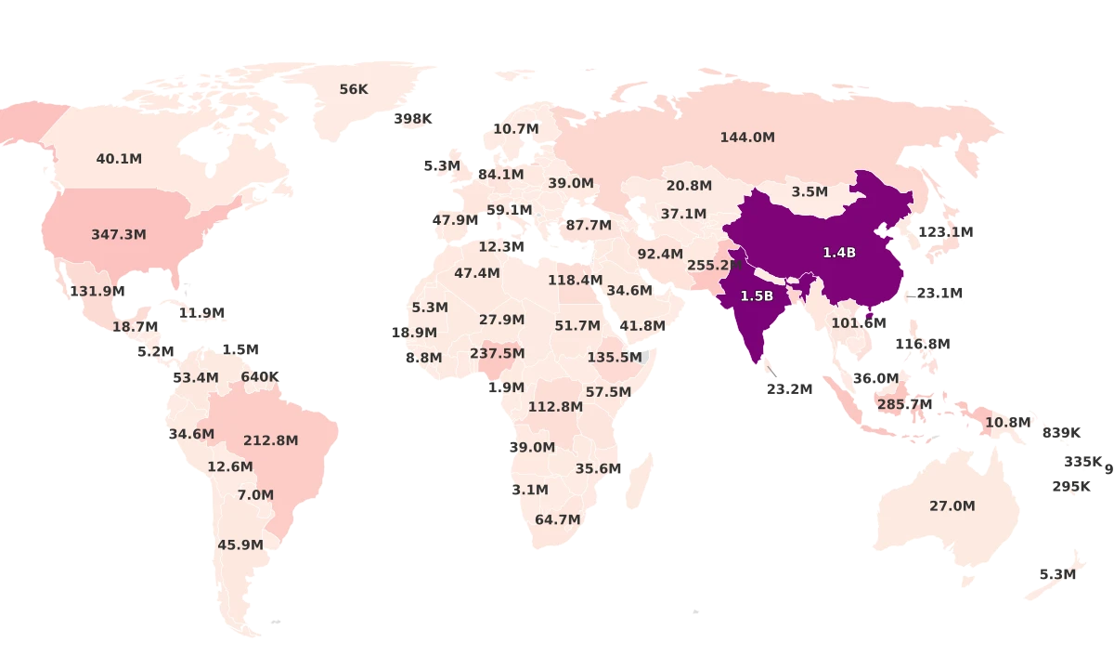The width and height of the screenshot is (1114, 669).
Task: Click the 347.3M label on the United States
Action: tap(118, 235)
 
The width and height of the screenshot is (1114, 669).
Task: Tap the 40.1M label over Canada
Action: tap(119, 159)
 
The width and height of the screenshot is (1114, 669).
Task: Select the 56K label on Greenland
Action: tap(354, 89)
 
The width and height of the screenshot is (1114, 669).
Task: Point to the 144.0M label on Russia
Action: tap(747, 138)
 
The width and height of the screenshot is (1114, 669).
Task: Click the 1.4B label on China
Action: tap(839, 253)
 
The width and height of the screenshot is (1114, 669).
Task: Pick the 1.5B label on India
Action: tap(757, 296)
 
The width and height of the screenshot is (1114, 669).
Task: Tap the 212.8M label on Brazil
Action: tap(270, 440)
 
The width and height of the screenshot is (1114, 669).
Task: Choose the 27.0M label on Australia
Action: tap(952, 506)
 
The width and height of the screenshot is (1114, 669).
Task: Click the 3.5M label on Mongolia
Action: tap(810, 191)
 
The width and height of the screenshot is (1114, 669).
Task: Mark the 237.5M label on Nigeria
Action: tap(497, 354)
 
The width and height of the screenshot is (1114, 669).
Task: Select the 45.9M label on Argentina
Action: tap(240, 545)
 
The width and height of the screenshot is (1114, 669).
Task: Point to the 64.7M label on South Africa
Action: tap(558, 520)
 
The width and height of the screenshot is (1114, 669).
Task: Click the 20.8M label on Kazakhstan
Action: tap(689, 186)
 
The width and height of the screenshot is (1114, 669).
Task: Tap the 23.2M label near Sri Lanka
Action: tap(790, 389)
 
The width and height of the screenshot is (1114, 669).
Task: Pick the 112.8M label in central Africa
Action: tap(555, 407)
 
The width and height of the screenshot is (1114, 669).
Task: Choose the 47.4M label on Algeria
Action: tap(477, 273)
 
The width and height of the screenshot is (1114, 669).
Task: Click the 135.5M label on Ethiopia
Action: tap(615, 357)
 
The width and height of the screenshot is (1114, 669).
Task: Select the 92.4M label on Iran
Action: tap(660, 254)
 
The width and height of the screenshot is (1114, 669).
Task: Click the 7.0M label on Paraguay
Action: tap(255, 495)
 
